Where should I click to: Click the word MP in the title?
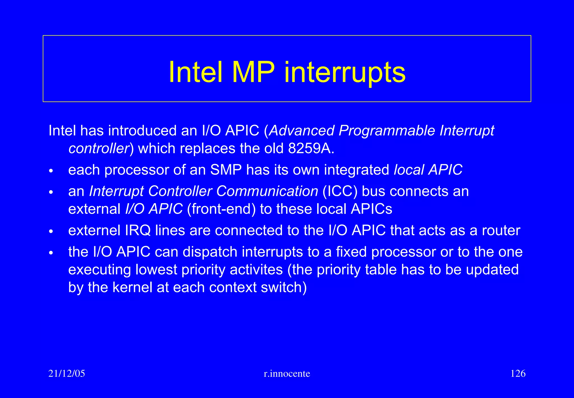click(x=253, y=72)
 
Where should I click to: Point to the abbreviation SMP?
click(x=226, y=170)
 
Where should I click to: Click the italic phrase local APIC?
click(x=428, y=170)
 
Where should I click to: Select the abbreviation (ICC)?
click(x=340, y=191)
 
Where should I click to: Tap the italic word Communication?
click(x=267, y=191)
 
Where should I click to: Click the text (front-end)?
click(x=221, y=209)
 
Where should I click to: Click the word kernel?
click(x=132, y=287)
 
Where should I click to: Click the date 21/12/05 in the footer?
click(x=67, y=374)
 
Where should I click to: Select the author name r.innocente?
click(x=287, y=374)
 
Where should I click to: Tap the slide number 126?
click(x=518, y=374)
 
